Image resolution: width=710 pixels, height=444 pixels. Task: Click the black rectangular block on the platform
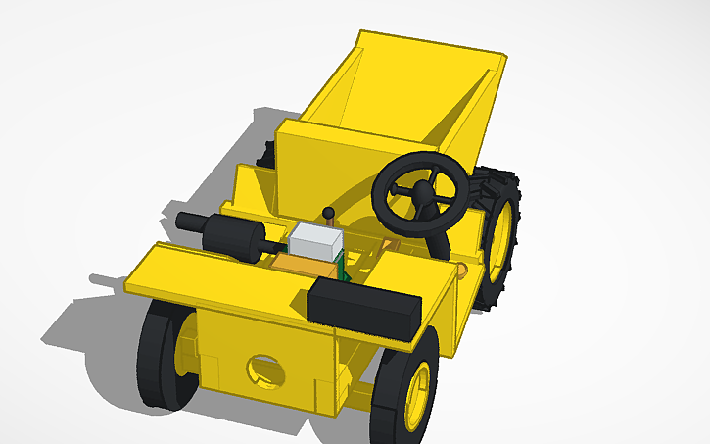364,307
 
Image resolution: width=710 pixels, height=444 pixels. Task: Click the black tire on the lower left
157,355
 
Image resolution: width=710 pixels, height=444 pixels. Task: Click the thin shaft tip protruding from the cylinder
183,221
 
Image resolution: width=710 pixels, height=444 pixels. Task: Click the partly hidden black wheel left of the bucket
265,154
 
